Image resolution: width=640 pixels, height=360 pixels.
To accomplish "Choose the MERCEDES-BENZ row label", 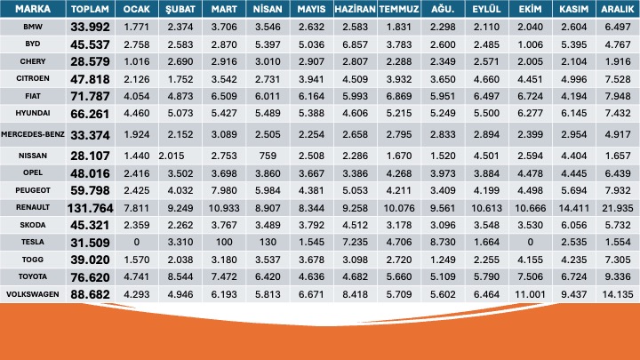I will tap(33, 133).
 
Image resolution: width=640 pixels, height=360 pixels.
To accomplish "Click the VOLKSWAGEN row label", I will tap(33, 292).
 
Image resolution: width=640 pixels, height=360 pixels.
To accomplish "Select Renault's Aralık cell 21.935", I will tap(618, 206).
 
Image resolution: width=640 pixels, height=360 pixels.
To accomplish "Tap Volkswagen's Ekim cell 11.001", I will tap(530, 292).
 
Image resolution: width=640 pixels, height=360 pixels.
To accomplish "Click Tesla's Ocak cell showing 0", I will tap(136, 241).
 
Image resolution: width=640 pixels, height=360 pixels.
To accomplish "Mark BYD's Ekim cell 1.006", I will tap(530, 44).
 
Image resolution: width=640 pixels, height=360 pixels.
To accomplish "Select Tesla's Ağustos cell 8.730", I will tap(442, 241).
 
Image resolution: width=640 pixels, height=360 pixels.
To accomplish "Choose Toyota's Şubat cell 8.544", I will tap(180, 276).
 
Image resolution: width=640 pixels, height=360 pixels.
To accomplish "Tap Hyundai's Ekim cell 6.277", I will tap(530, 113).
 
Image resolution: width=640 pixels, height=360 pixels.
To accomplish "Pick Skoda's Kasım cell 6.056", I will tap(573, 224).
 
